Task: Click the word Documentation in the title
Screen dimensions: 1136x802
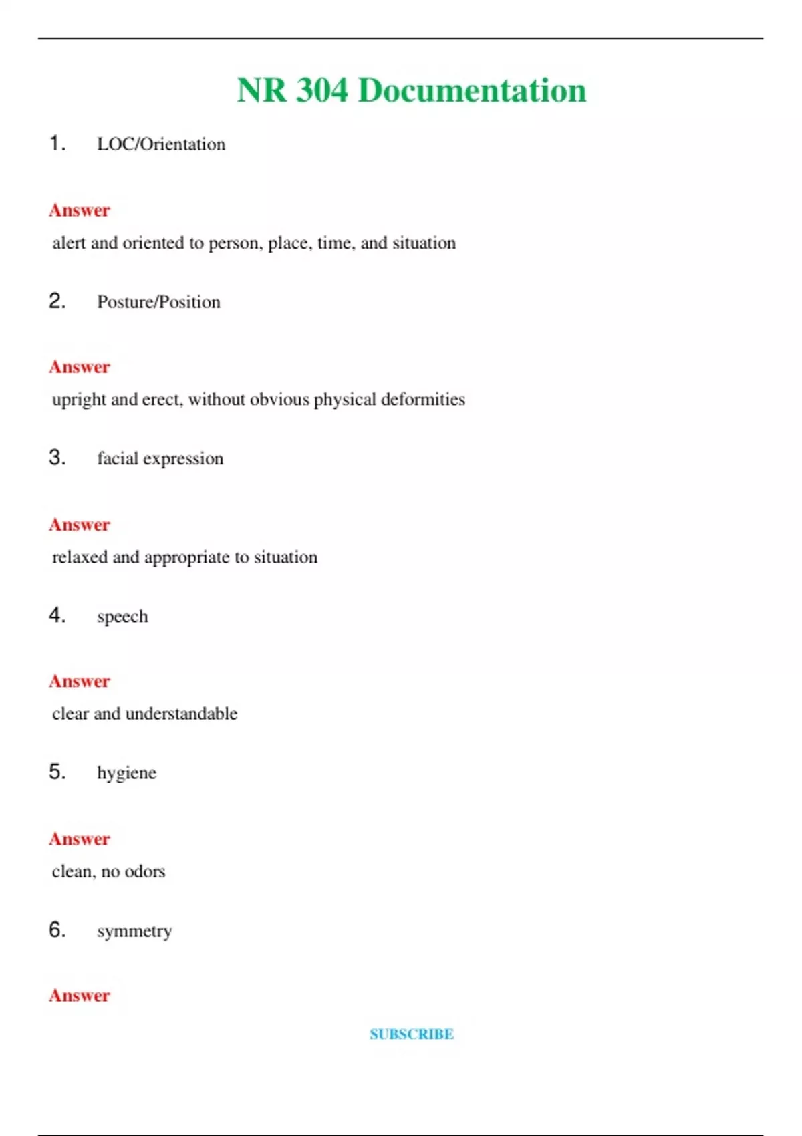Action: click(472, 90)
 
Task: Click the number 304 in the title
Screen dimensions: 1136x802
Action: click(321, 90)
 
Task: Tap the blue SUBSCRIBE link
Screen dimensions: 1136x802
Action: click(412, 1034)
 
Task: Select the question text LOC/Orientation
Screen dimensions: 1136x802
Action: click(161, 144)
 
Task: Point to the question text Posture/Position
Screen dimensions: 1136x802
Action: click(158, 302)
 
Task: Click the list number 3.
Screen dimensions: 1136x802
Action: click(57, 458)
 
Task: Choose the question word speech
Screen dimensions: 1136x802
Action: click(122, 616)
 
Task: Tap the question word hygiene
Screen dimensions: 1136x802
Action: click(126, 773)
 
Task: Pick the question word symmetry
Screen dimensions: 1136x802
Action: click(134, 931)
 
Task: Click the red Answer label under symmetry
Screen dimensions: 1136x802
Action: click(80, 996)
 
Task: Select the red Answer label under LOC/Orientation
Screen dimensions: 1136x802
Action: click(80, 210)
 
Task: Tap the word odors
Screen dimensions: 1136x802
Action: click(144, 871)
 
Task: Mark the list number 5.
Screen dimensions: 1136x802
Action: click(57, 772)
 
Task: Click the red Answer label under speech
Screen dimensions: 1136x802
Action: click(80, 682)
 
